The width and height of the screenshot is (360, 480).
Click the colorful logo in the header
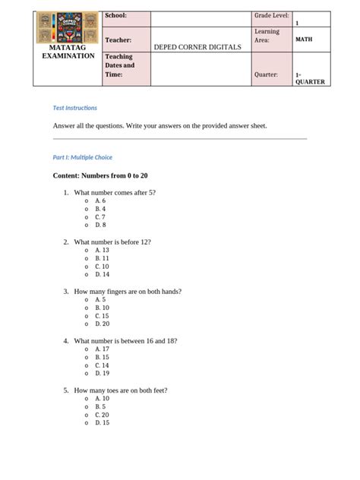68,28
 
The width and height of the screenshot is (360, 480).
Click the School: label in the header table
115,16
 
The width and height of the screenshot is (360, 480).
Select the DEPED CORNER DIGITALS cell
197,47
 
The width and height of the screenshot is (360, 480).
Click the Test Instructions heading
74,108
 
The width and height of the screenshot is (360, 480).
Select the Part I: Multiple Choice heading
82,157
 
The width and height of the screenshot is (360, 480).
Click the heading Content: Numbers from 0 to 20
99,175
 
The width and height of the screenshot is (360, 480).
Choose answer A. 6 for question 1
100,201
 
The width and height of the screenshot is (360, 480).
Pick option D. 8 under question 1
100,225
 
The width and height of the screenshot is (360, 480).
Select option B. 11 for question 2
102,258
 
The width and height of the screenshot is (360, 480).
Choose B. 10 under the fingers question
102,308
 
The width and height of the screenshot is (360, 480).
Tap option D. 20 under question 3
102,324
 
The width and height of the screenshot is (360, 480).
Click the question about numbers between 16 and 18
125,341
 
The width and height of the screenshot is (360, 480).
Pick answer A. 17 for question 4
102,349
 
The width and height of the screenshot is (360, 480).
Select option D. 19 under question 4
102,373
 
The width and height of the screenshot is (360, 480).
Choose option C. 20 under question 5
102,415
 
